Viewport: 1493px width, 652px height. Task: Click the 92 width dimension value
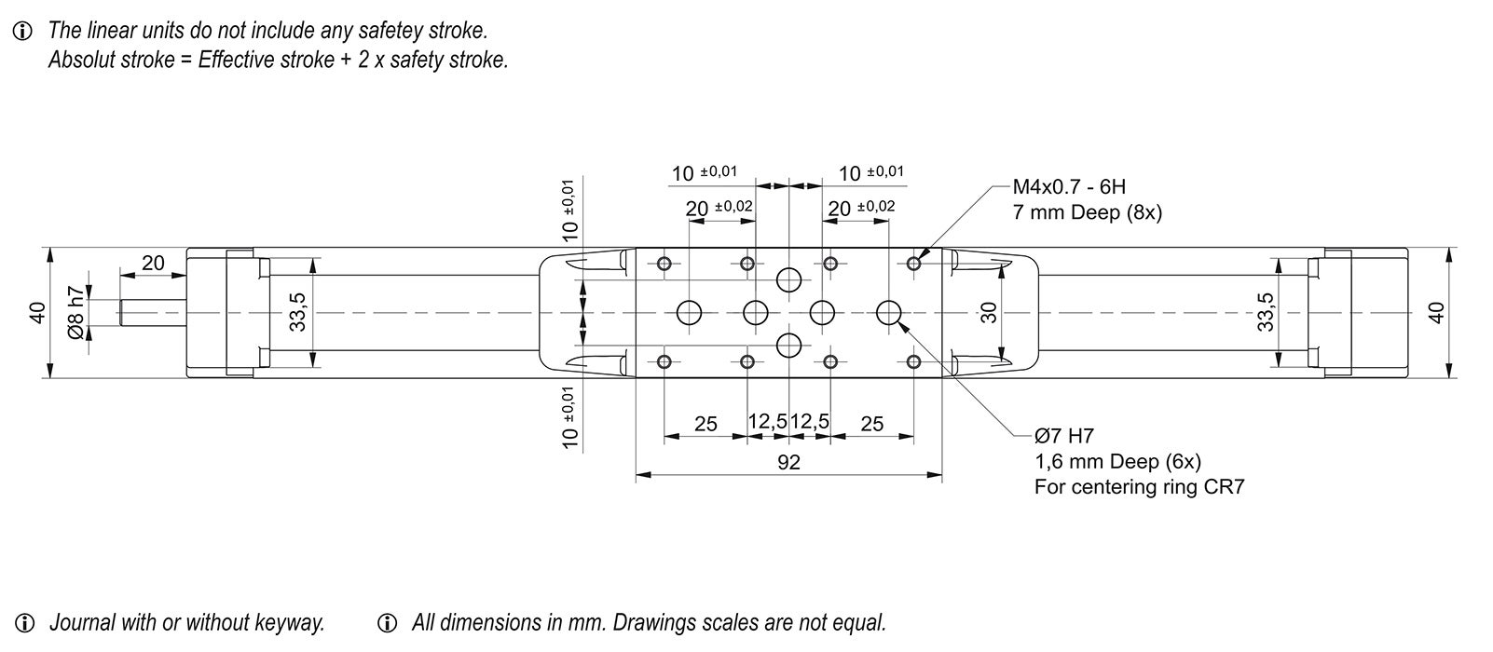[x=788, y=462]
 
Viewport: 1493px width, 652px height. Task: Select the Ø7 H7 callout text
[x=1063, y=436]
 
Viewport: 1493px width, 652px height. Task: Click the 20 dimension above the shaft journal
[x=153, y=264]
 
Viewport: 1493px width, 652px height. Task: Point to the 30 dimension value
[x=990, y=312]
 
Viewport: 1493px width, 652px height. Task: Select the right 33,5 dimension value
[x=1266, y=312]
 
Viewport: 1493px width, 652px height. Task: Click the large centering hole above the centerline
[x=789, y=278]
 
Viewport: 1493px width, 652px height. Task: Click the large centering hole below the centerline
[x=789, y=346]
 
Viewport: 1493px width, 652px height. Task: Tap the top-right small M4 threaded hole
[x=913, y=264]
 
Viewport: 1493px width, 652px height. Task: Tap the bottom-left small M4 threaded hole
[x=664, y=361]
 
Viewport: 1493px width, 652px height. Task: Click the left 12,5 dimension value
[x=768, y=421]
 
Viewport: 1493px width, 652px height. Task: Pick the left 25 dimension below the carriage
[x=706, y=425]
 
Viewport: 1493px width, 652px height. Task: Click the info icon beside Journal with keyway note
[x=25, y=622]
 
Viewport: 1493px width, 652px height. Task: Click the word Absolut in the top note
[x=79, y=61]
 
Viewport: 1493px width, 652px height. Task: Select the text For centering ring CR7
[x=1139, y=487]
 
